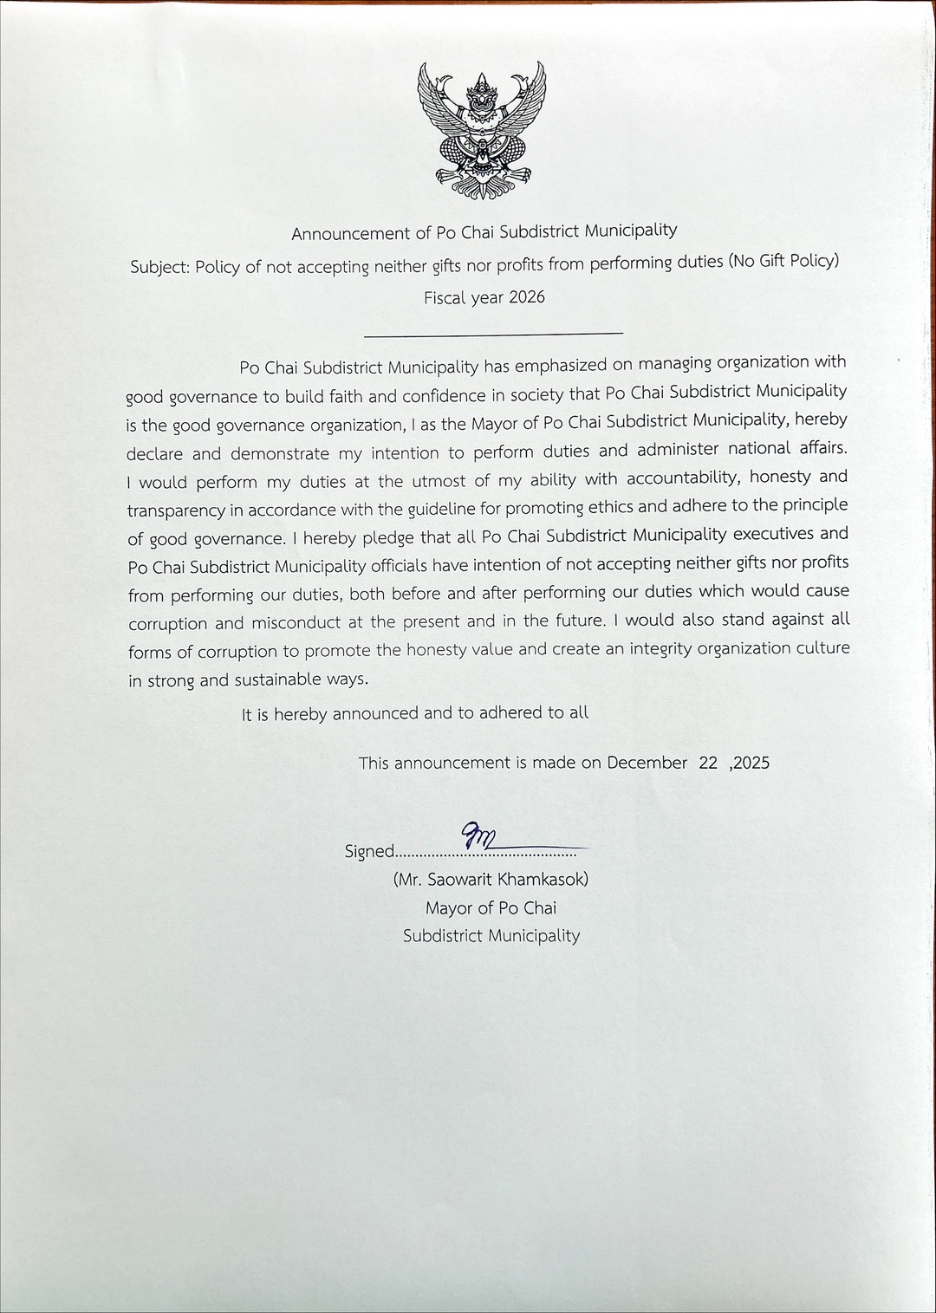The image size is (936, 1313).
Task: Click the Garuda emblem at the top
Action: pyautogui.click(x=483, y=131)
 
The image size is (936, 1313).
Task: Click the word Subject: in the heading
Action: pyautogui.click(x=160, y=267)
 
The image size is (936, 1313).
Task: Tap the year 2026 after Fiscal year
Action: pyautogui.click(x=527, y=297)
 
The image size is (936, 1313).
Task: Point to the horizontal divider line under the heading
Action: pyautogui.click(x=493, y=333)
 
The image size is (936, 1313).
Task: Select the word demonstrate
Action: pyautogui.click(x=280, y=453)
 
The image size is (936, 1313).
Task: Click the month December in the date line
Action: pyautogui.click(x=647, y=763)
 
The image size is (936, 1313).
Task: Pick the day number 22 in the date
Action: pyautogui.click(x=708, y=763)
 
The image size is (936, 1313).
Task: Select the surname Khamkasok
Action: pyautogui.click(x=543, y=879)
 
